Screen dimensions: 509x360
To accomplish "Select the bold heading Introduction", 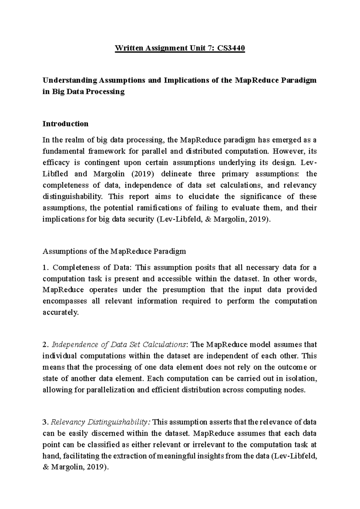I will (x=65, y=124).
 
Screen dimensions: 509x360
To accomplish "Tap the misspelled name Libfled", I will (x=55, y=174).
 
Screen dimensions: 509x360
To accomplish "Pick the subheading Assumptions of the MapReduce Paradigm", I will (x=114, y=251).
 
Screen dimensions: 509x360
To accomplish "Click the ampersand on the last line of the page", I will (x=45, y=467).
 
